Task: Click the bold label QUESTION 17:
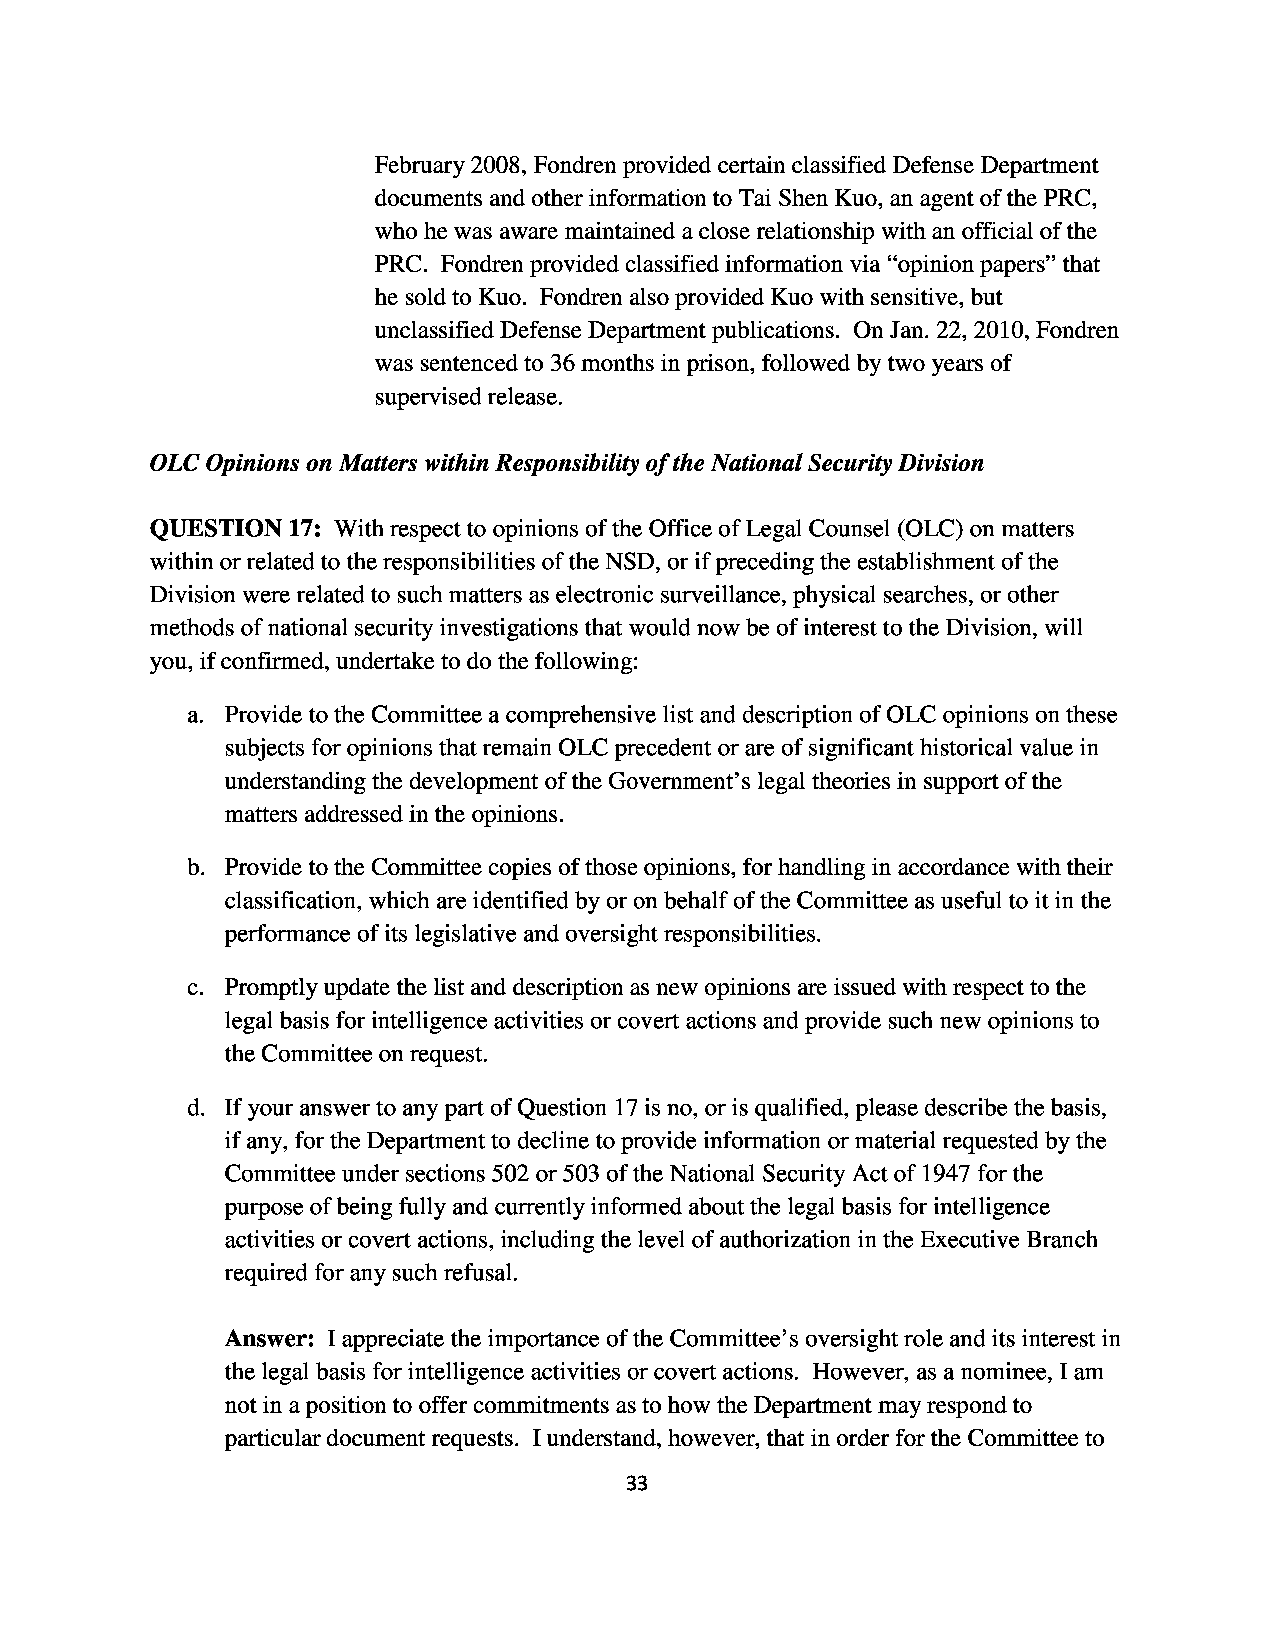pos(236,529)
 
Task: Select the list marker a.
pos(195,714)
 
